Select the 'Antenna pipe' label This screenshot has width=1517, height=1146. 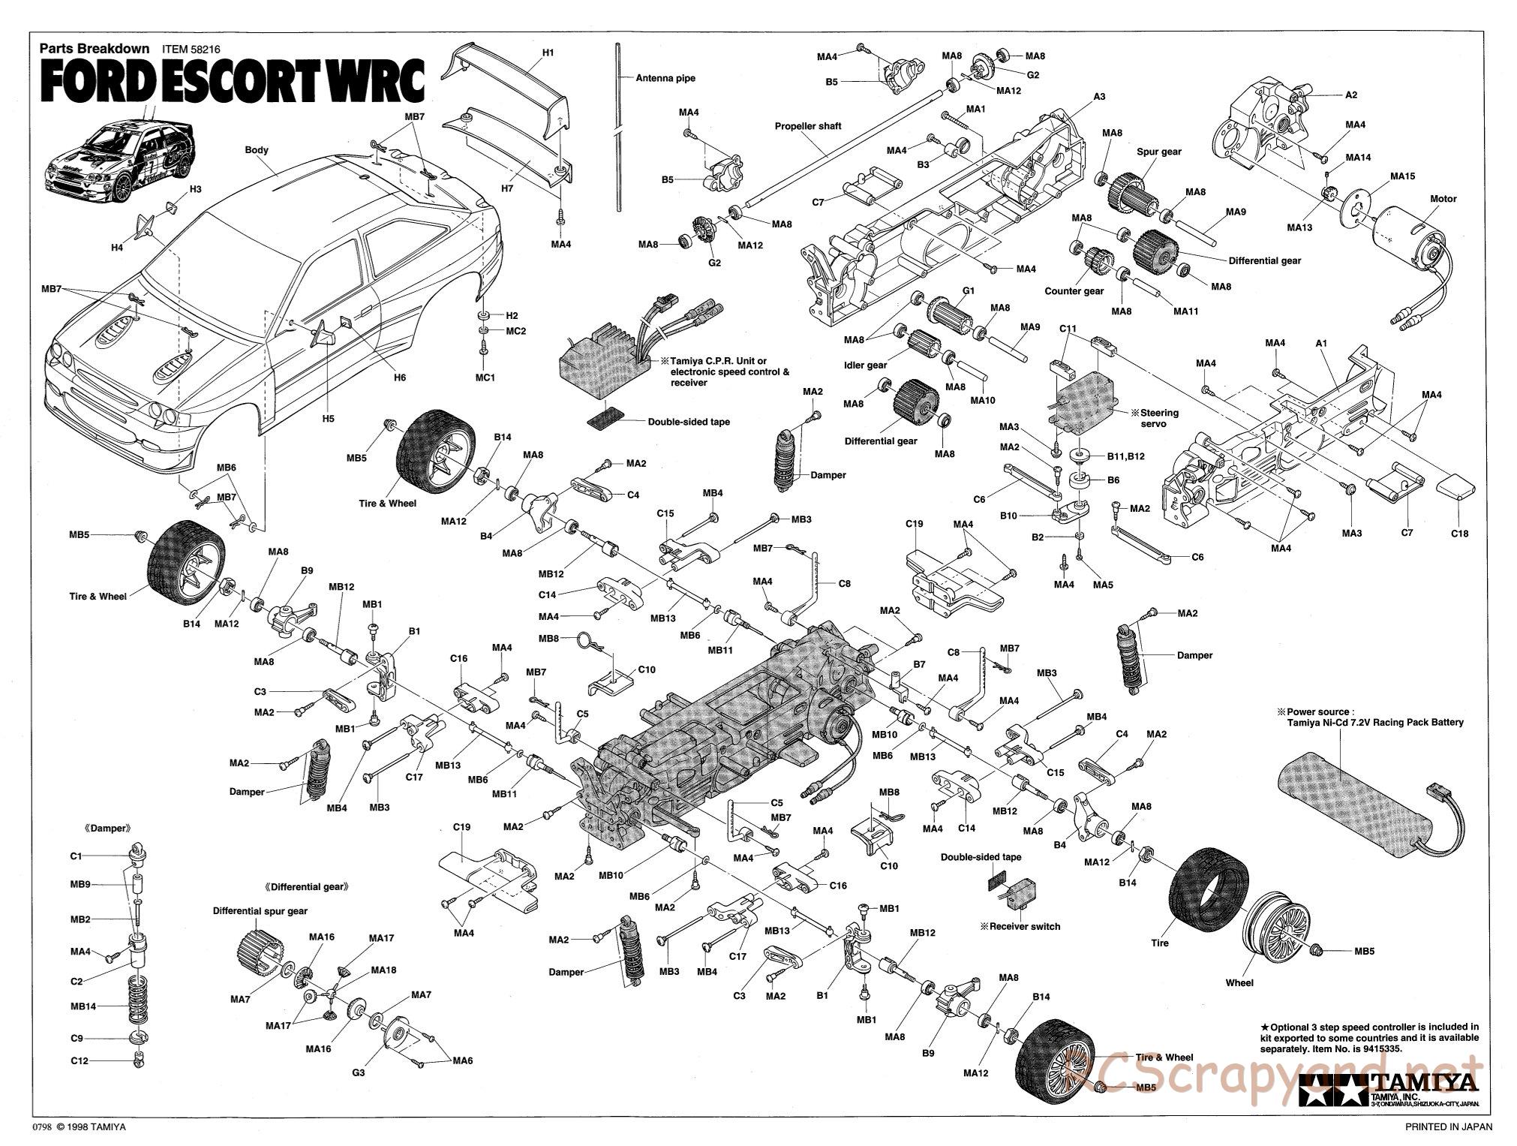click(665, 78)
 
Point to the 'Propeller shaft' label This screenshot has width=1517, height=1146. click(808, 126)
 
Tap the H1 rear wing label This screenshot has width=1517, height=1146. click(548, 53)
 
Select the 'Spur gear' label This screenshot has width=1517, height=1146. click(1158, 152)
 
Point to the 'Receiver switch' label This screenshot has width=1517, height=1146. click(1024, 926)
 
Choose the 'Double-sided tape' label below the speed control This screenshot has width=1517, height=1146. click(689, 422)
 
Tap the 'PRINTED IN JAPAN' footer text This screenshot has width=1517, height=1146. click(1448, 1126)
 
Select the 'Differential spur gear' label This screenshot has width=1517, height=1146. click(260, 911)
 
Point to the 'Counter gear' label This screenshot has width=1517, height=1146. click(1074, 291)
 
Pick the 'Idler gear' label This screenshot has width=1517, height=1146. click(865, 365)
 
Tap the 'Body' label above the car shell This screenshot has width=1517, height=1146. click(257, 150)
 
